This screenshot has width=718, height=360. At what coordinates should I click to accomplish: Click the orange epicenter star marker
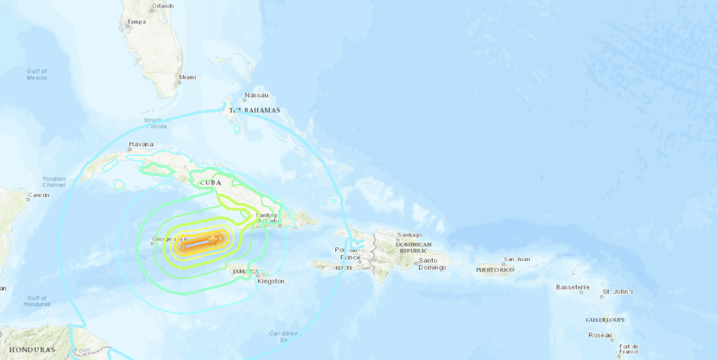(213, 240)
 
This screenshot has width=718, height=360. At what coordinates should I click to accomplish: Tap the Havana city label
(141, 144)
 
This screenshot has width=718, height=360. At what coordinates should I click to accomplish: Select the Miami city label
(187, 77)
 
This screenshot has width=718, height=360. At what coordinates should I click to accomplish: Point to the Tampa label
(135, 22)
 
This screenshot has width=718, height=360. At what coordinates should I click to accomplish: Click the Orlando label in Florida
(163, 6)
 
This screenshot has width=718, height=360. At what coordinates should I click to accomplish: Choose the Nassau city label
(256, 96)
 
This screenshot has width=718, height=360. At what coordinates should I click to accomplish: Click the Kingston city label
(271, 281)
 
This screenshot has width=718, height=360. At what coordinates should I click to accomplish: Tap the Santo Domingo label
(432, 264)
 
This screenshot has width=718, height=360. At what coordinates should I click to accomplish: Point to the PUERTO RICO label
(495, 270)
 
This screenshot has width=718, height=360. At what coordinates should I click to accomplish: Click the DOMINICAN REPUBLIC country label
(414, 247)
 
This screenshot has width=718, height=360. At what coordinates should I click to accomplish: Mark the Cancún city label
(38, 195)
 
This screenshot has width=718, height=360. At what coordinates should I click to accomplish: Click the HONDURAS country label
(32, 350)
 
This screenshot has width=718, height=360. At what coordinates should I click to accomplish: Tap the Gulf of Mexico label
(37, 74)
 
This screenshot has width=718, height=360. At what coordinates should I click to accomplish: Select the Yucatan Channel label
(54, 182)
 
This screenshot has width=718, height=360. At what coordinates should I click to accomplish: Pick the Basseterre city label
(573, 287)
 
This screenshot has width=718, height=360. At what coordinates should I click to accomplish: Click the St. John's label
(618, 292)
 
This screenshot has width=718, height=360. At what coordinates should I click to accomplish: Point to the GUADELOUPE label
(605, 320)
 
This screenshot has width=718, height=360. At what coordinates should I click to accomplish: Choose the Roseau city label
(600, 335)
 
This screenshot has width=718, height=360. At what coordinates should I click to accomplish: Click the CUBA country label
(210, 183)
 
